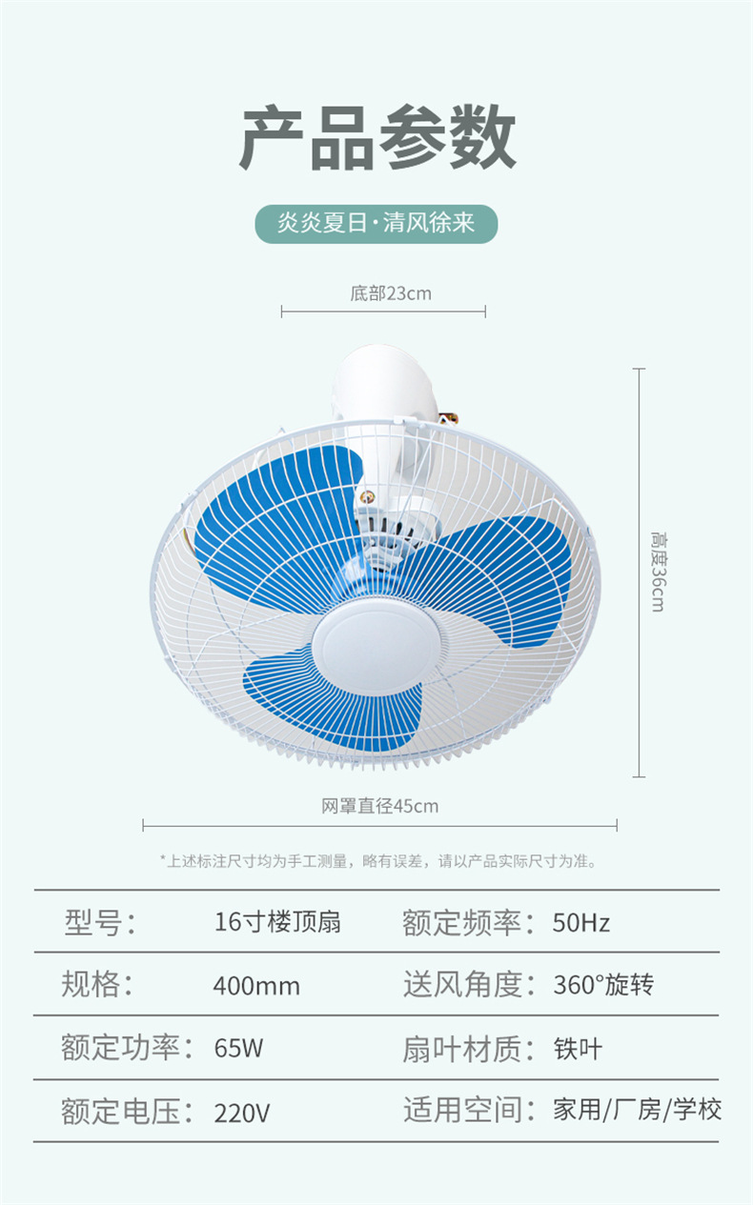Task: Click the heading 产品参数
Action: coord(376,139)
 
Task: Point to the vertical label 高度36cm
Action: coord(658,572)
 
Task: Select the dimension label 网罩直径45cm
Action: coord(379,806)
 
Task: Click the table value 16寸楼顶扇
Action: coord(276,922)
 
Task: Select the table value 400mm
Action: coord(255,986)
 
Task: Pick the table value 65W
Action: coord(238,1049)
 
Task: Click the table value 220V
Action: coord(241,1112)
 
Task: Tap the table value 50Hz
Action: coord(580,922)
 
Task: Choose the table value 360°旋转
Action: coord(603,985)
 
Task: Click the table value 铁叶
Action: coord(578,1049)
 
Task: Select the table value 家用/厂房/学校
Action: coord(637,1110)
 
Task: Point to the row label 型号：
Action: coord(100,922)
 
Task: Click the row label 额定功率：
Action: coord(130,1049)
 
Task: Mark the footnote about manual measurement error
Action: coord(377,861)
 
